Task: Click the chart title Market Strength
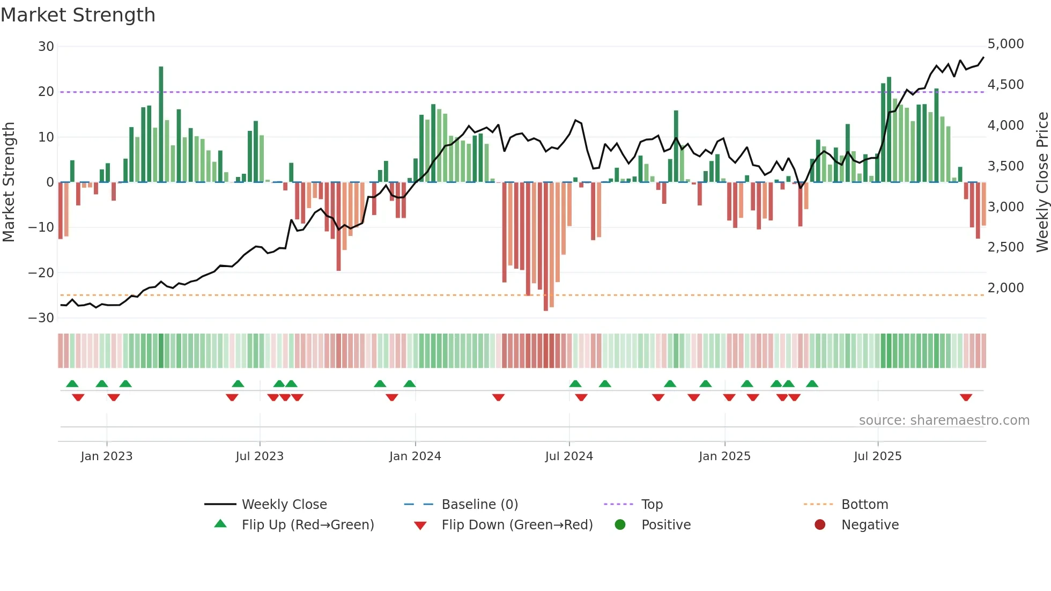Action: [x=78, y=15]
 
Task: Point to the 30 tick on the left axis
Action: [x=46, y=47]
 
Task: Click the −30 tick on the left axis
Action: [x=41, y=318]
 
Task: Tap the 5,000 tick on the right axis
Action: [x=1005, y=44]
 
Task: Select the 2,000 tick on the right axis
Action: [x=1005, y=288]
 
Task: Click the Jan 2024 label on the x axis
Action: [x=415, y=456]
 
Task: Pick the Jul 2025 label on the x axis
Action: [x=877, y=456]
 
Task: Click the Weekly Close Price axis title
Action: [x=1042, y=182]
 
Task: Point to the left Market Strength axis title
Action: [x=9, y=182]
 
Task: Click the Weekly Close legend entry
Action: [x=284, y=505]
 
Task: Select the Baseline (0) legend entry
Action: [x=479, y=505]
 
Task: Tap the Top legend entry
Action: [x=652, y=505]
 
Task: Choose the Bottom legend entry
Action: [x=864, y=505]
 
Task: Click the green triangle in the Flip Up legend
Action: [x=220, y=524]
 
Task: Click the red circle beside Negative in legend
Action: [x=819, y=524]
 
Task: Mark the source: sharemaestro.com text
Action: [x=944, y=420]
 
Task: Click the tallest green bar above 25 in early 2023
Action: [x=161, y=123]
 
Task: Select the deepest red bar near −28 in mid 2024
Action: [x=546, y=247]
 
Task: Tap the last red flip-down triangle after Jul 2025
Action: [x=966, y=397]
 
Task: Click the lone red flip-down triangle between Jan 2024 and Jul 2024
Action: [x=498, y=397]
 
